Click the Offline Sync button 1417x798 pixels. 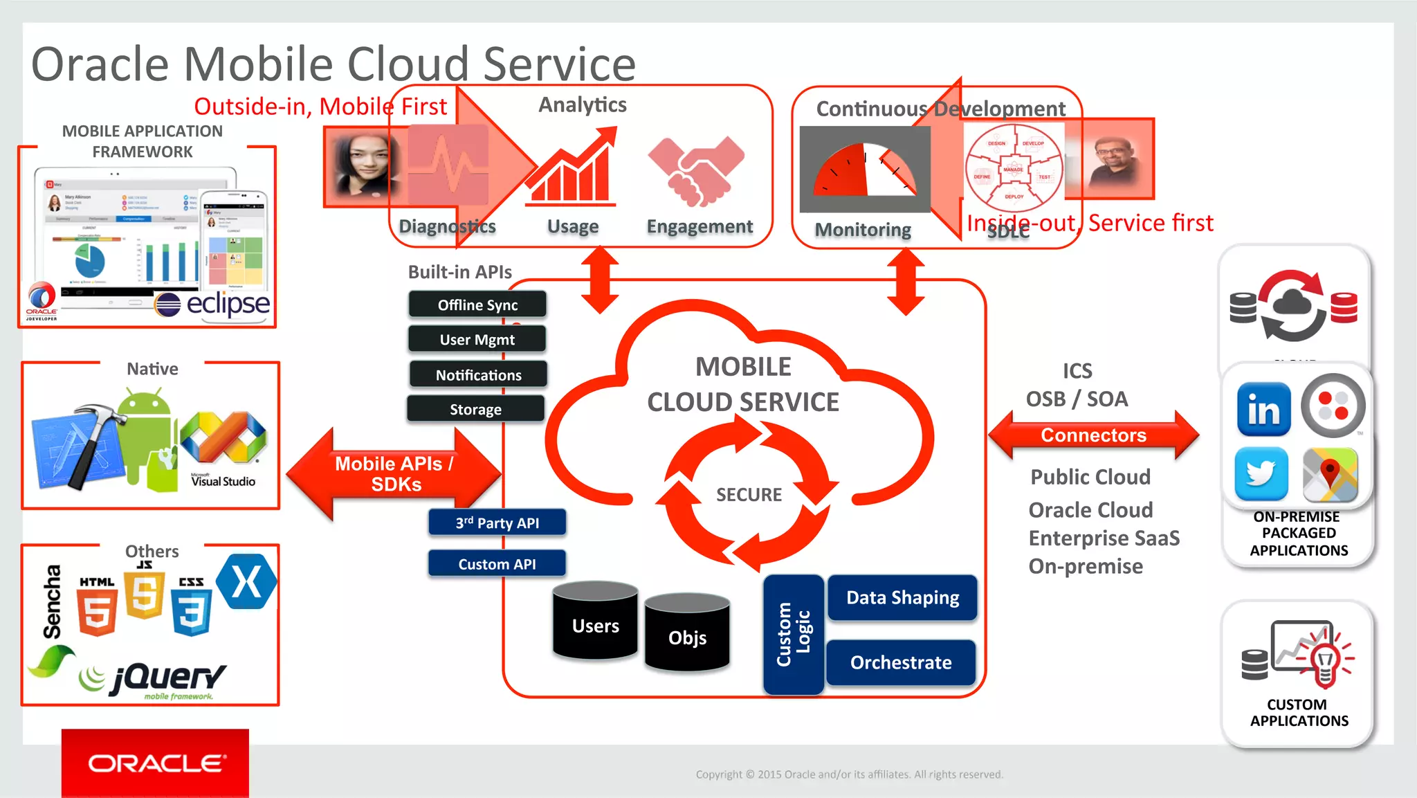pyautogui.click(x=477, y=305)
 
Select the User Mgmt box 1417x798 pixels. pyautogui.click(x=477, y=339)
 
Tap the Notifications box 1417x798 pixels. pyautogui.click(x=478, y=374)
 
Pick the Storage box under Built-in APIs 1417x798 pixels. pyautogui.click(x=475, y=409)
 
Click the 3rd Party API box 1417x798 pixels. pyautogui.click(x=497, y=523)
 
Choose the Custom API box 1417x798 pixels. pyautogui.click(x=497, y=564)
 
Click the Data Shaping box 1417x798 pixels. pyautogui.click(x=902, y=597)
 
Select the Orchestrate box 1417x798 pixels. pyautogui.click(x=901, y=662)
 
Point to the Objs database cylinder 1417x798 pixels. pyautogui.click(x=687, y=633)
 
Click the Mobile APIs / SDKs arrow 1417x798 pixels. pyautogui.click(x=394, y=474)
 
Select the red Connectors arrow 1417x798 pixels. pyautogui.click(x=1093, y=435)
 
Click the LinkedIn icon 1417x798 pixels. pyautogui.click(x=1263, y=410)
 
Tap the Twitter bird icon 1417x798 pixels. pyautogui.click(x=1261, y=474)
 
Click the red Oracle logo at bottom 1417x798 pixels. pyautogui.click(x=155, y=763)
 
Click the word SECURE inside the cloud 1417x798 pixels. pyautogui.click(x=749, y=494)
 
